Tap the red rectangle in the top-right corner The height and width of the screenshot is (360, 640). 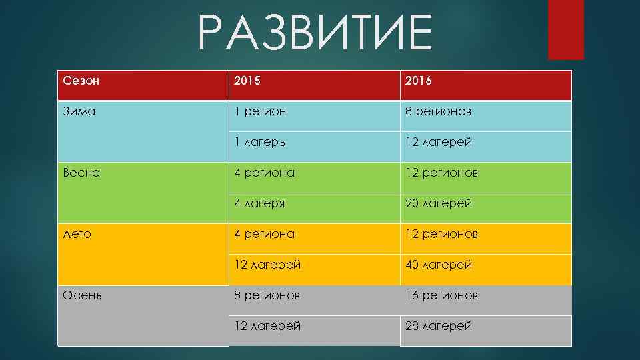click(x=565, y=29)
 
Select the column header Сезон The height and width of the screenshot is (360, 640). click(x=81, y=81)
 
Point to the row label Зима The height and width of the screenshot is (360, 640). click(x=79, y=111)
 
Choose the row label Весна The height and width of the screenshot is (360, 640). click(x=81, y=173)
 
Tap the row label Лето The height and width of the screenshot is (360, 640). click(x=77, y=234)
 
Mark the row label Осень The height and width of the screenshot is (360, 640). click(x=83, y=295)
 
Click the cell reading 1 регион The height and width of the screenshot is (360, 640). click(x=260, y=111)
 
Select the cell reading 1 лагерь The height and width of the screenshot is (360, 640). click(x=261, y=142)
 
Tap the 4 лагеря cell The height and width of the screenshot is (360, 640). click(x=259, y=203)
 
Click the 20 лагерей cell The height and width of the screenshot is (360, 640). click(x=438, y=203)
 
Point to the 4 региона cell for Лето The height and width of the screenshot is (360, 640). click(x=264, y=234)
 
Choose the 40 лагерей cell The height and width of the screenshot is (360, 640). click(x=439, y=265)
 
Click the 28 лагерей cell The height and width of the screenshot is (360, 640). click(x=438, y=326)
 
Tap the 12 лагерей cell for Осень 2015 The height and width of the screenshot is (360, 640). click(x=267, y=326)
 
